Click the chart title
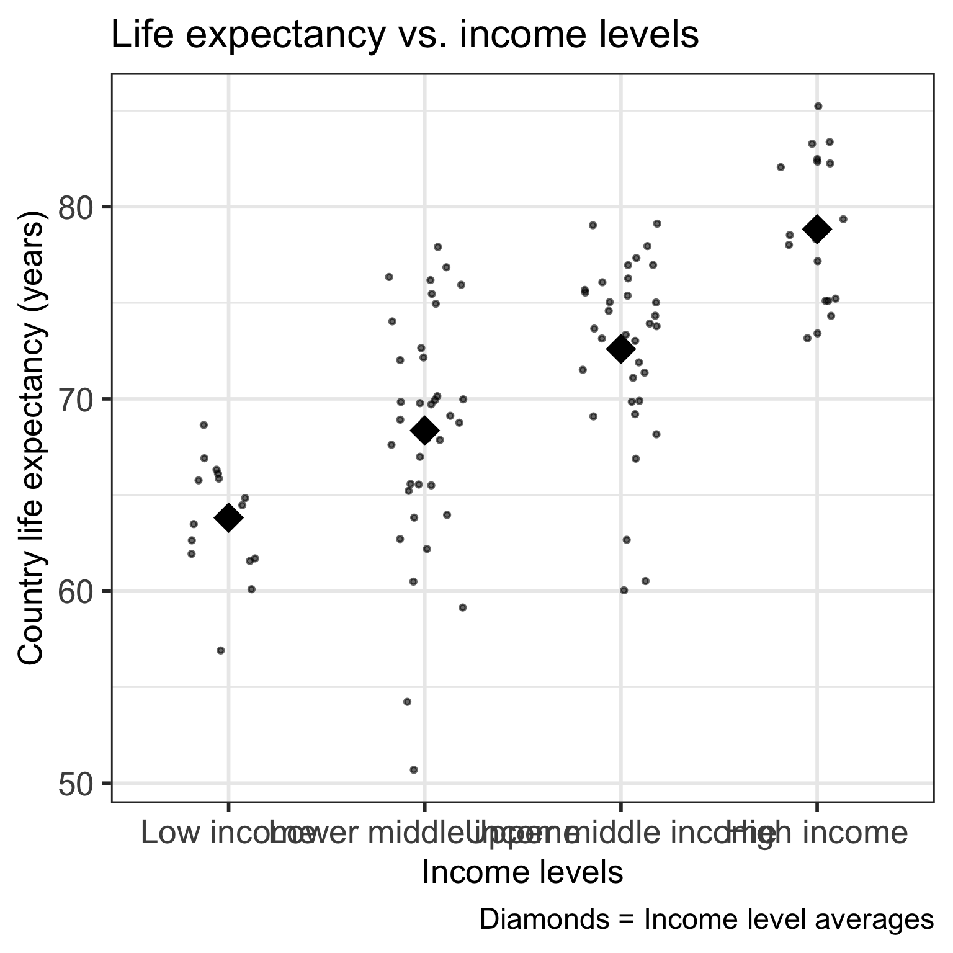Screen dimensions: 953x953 tap(405, 35)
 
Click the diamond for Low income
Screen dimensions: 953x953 tap(228, 517)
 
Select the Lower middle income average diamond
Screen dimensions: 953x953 tap(424, 431)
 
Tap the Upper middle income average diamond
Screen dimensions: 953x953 tap(620, 349)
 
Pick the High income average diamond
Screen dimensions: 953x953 tap(817, 229)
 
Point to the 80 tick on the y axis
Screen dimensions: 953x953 tap(74, 207)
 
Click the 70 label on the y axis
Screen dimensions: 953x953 tap(74, 399)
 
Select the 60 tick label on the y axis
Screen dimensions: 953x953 tap(74, 591)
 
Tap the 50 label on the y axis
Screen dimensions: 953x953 tap(74, 784)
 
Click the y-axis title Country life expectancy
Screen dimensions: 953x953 tap(31, 438)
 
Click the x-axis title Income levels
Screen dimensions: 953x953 tap(522, 872)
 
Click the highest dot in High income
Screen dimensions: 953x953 tap(818, 106)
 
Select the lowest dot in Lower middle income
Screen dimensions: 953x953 tap(414, 770)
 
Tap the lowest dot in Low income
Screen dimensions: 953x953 tap(220, 650)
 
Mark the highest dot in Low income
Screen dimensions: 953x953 tap(204, 425)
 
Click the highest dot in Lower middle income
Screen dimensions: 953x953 tap(437, 247)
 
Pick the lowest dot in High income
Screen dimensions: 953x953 tap(807, 338)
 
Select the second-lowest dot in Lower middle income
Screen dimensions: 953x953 tap(407, 702)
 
